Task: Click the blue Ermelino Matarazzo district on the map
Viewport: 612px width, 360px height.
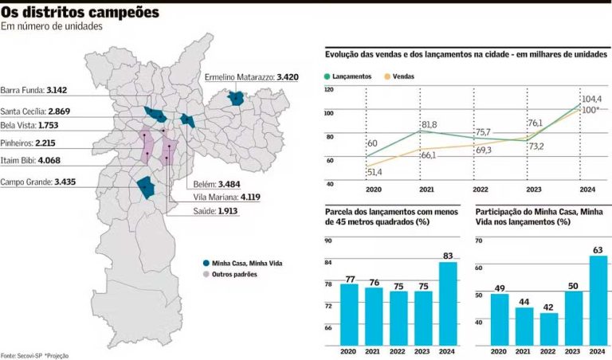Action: [x=236, y=98]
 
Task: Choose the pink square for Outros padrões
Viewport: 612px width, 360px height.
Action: [x=206, y=274]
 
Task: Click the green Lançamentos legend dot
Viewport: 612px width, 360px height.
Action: [x=328, y=76]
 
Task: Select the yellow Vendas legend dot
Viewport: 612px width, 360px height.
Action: [x=388, y=76]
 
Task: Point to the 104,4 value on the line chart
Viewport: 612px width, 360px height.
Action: [x=590, y=98]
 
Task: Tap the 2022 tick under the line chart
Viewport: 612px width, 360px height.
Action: [x=481, y=190]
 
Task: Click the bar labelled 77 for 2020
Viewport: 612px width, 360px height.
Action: [x=349, y=315]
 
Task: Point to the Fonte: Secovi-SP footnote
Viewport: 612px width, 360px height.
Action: [x=24, y=354]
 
